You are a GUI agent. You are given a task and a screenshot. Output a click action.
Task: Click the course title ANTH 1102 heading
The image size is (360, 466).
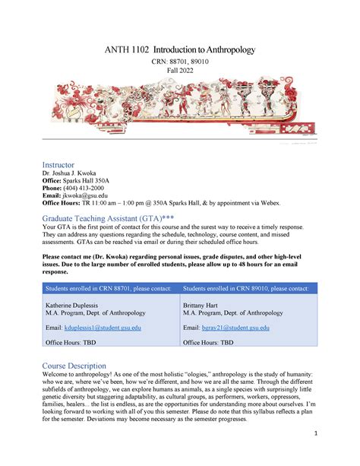pyautogui.click(x=180, y=50)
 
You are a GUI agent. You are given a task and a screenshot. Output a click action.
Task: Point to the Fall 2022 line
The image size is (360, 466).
pyautogui.click(x=180, y=71)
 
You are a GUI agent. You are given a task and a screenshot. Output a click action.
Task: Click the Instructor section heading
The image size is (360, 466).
pyautogui.click(x=58, y=163)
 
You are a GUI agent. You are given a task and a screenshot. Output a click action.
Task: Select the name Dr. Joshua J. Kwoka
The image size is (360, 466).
pyautogui.click(x=75, y=173)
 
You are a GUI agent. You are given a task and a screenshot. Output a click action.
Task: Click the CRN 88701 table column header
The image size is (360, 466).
pyautogui.click(x=109, y=288)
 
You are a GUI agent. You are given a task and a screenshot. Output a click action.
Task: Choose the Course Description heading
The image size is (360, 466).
pyautogui.click(x=74, y=366)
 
